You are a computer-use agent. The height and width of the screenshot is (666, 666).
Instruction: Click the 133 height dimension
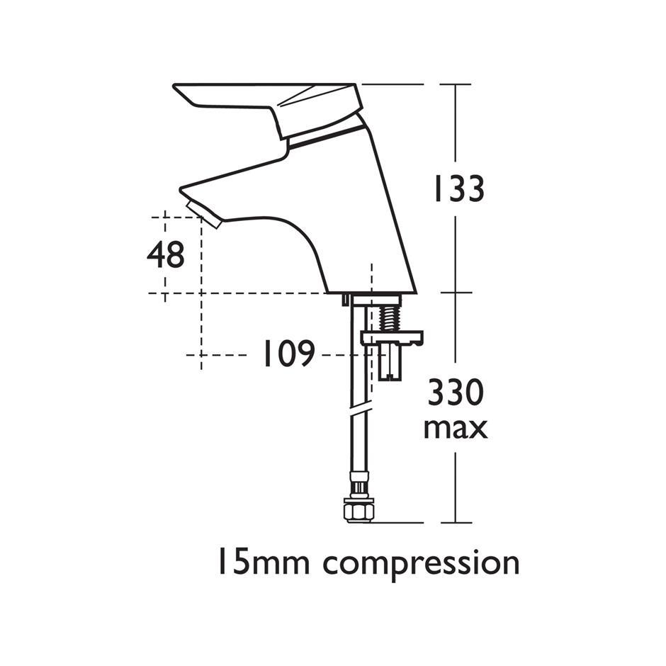(458, 188)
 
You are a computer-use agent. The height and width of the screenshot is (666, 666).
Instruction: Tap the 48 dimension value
(166, 255)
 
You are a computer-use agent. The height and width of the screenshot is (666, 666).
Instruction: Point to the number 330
(456, 393)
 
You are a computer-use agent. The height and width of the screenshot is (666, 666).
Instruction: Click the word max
(456, 429)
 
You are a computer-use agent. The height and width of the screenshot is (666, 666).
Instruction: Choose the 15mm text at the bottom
(264, 562)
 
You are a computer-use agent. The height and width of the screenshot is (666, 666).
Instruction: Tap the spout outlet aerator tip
(203, 215)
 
